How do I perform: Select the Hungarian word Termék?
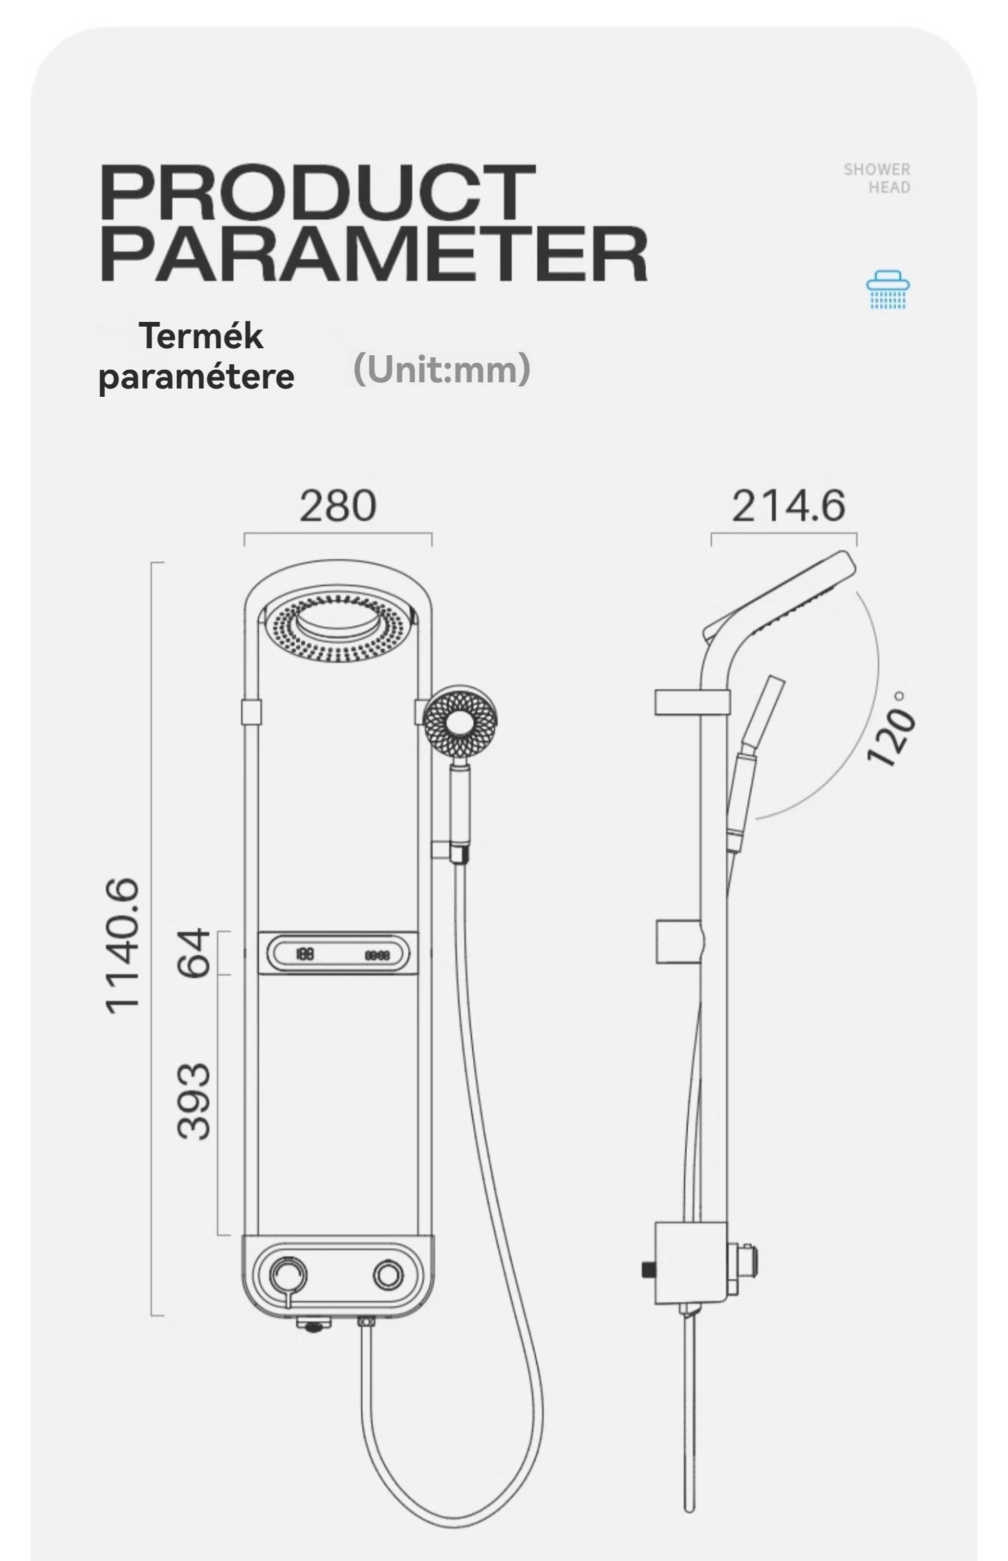(x=202, y=336)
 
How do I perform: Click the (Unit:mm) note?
(x=442, y=369)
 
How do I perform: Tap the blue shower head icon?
(x=889, y=291)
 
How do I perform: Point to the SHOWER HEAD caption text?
(x=877, y=178)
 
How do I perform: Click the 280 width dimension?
(x=338, y=505)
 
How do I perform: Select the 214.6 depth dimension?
(x=789, y=505)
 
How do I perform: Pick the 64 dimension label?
(x=191, y=953)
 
